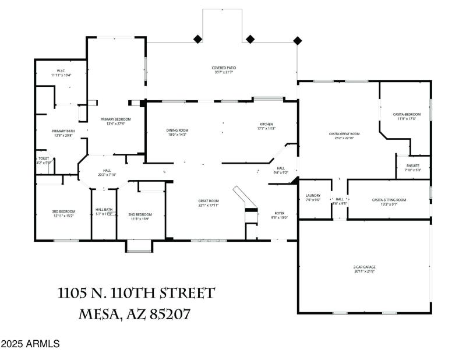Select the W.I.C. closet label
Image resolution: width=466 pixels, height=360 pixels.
point(61,73)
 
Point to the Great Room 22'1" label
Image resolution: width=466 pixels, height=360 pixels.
point(208,203)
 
